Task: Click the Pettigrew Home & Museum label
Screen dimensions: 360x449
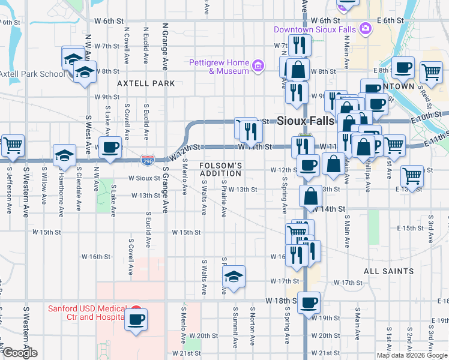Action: coord(219,67)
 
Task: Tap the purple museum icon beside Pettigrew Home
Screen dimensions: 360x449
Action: coord(258,65)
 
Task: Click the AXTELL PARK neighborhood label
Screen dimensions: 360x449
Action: coord(146,83)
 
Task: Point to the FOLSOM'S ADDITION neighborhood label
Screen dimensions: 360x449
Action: coord(220,169)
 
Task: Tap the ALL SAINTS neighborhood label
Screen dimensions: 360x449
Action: coord(388,271)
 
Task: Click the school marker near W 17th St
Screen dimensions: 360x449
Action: coord(234,276)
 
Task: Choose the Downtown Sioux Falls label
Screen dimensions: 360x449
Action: coord(314,29)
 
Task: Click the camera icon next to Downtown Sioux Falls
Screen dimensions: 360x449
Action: coord(365,29)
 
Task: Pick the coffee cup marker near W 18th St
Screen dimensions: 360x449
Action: coord(309,302)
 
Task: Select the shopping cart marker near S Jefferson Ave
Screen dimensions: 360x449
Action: coord(13,145)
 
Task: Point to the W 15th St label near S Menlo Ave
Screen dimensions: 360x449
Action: coord(186,232)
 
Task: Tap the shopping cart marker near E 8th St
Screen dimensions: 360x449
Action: coord(432,72)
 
